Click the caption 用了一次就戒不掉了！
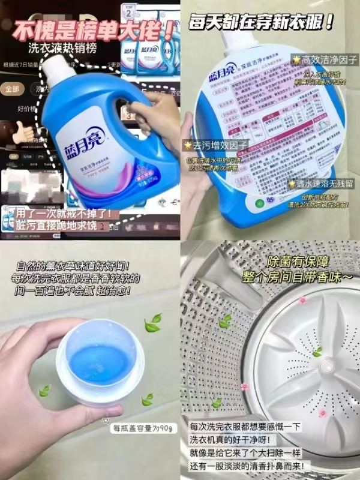point(57,213)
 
